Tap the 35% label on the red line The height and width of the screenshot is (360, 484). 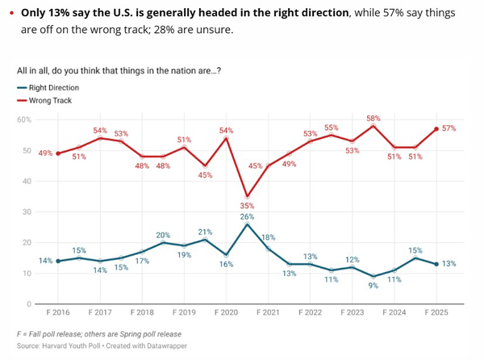click(x=247, y=206)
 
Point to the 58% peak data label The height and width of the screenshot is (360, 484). click(x=373, y=118)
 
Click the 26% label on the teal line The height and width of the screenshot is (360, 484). click(x=246, y=216)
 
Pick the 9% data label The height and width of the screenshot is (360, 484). click(x=373, y=285)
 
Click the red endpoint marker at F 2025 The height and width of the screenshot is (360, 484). click(x=436, y=128)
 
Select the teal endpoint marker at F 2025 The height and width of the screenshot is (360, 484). click(x=436, y=264)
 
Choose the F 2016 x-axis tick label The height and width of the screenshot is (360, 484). click(x=57, y=311)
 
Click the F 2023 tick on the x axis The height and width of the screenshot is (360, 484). click(x=353, y=311)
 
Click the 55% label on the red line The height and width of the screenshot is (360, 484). click(x=332, y=128)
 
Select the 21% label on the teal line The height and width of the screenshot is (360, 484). click(x=205, y=232)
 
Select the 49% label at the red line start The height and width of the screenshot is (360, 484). click(x=45, y=153)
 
